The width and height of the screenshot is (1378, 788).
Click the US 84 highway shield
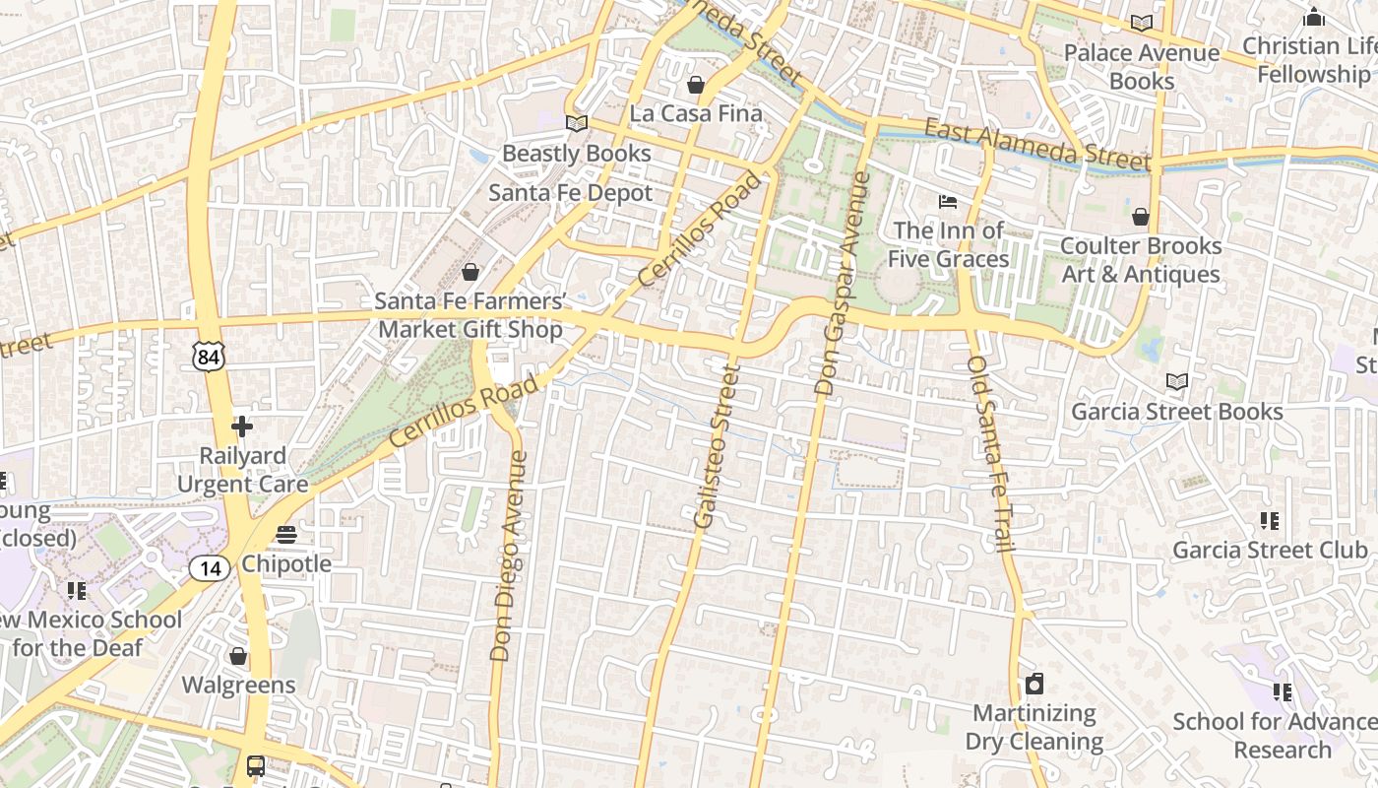(x=209, y=356)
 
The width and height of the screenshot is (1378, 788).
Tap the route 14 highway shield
(x=210, y=567)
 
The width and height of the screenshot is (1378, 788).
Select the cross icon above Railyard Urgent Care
(x=241, y=427)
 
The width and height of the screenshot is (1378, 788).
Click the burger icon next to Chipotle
(x=286, y=535)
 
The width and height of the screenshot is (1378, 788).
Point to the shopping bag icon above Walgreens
(x=238, y=656)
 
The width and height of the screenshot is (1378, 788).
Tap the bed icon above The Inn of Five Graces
(x=948, y=202)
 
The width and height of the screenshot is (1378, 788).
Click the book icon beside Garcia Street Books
(x=1176, y=381)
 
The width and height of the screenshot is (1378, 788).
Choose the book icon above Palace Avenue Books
(x=1142, y=23)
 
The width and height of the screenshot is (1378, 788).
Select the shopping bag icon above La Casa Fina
(x=696, y=85)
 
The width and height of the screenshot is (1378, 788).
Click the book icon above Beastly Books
(x=576, y=124)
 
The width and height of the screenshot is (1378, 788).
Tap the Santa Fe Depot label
(x=571, y=193)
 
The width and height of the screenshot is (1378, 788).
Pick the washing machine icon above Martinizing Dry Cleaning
(x=1033, y=684)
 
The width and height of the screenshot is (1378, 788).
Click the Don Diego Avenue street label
(x=508, y=556)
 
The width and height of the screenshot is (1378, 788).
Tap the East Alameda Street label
(x=1036, y=144)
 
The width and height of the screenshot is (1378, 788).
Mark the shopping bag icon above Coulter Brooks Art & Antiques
(x=1141, y=217)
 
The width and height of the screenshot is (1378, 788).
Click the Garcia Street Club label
(x=1270, y=550)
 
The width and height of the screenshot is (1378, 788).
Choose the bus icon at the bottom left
(x=255, y=765)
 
